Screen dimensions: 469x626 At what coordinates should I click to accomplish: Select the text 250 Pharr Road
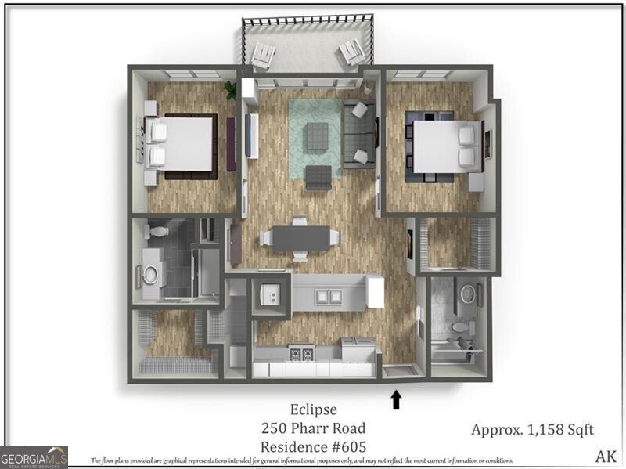pos(312,428)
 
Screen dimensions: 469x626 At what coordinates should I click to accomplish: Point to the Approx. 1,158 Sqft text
pos(532,429)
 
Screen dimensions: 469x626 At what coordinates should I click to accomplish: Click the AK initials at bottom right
pos(606,456)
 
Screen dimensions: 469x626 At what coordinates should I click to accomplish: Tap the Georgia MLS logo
pos(34,456)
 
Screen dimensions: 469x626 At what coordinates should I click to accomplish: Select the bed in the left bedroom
pos(183,146)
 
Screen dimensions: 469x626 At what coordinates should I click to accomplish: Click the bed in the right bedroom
pos(443,146)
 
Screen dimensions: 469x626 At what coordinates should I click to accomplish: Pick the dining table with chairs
pos(300,238)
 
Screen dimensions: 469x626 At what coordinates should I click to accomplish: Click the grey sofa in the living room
pos(359,135)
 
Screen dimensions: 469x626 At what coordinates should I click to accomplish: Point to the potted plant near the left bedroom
pos(230,90)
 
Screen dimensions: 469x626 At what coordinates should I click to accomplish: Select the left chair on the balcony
pos(263,55)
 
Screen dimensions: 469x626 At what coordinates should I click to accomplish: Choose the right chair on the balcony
pos(351,54)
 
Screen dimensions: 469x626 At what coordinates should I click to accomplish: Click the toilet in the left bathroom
pos(157,230)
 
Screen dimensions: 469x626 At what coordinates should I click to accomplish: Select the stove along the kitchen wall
pos(302,353)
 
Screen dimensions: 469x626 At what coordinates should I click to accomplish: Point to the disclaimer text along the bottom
pos(301,460)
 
